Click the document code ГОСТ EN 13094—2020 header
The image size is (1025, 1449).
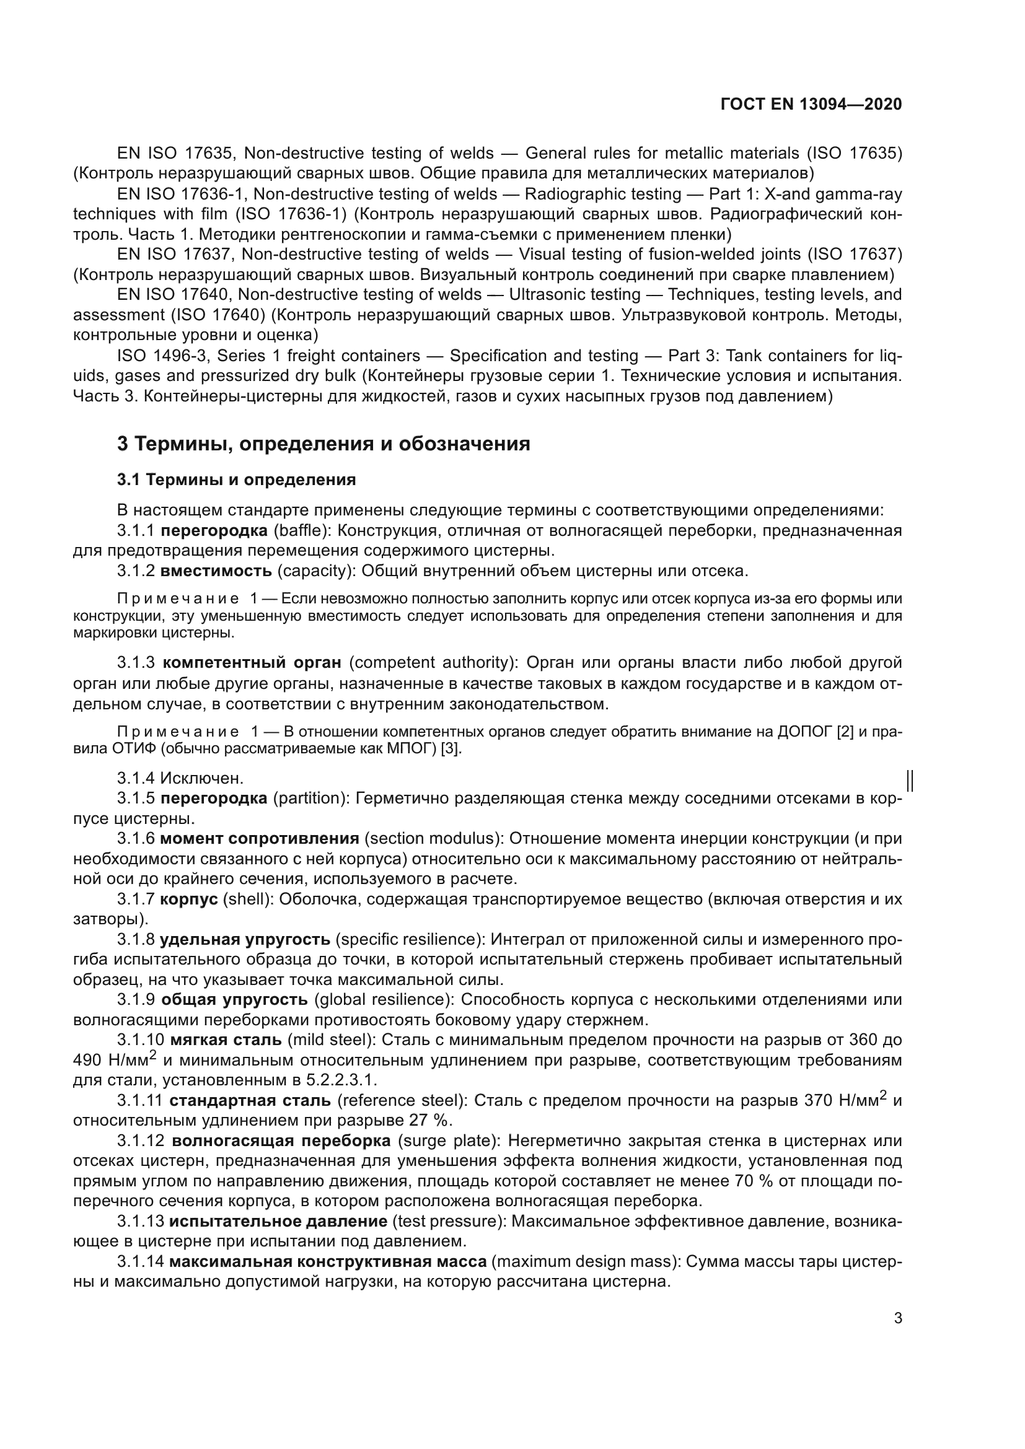pos(811,104)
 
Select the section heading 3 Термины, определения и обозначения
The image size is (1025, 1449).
pos(323,444)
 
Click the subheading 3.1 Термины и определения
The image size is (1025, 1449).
pos(237,479)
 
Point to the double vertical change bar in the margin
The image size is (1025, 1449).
pos(910,781)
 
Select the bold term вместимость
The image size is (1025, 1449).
pos(216,571)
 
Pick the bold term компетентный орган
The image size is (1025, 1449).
pos(252,663)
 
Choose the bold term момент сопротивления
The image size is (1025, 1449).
pos(260,839)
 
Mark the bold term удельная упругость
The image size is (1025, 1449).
pos(245,940)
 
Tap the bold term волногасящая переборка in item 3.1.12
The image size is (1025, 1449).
pos(281,1141)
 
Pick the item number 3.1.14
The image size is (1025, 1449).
pos(140,1261)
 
